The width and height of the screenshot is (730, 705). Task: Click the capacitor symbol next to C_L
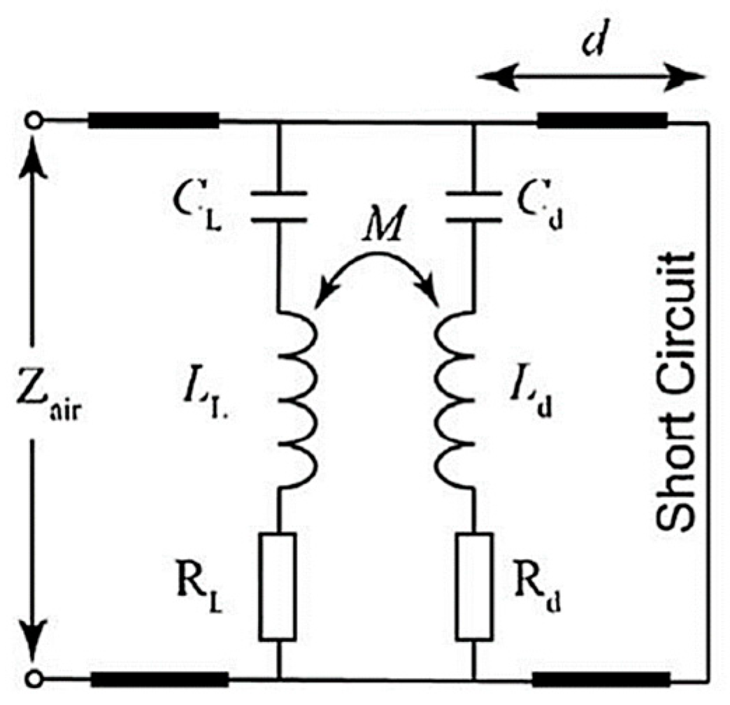tap(278, 208)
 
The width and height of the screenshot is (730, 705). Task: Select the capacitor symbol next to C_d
tap(475, 208)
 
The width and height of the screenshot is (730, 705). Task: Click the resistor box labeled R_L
tap(278, 586)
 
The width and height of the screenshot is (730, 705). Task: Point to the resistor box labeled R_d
tap(475, 586)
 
